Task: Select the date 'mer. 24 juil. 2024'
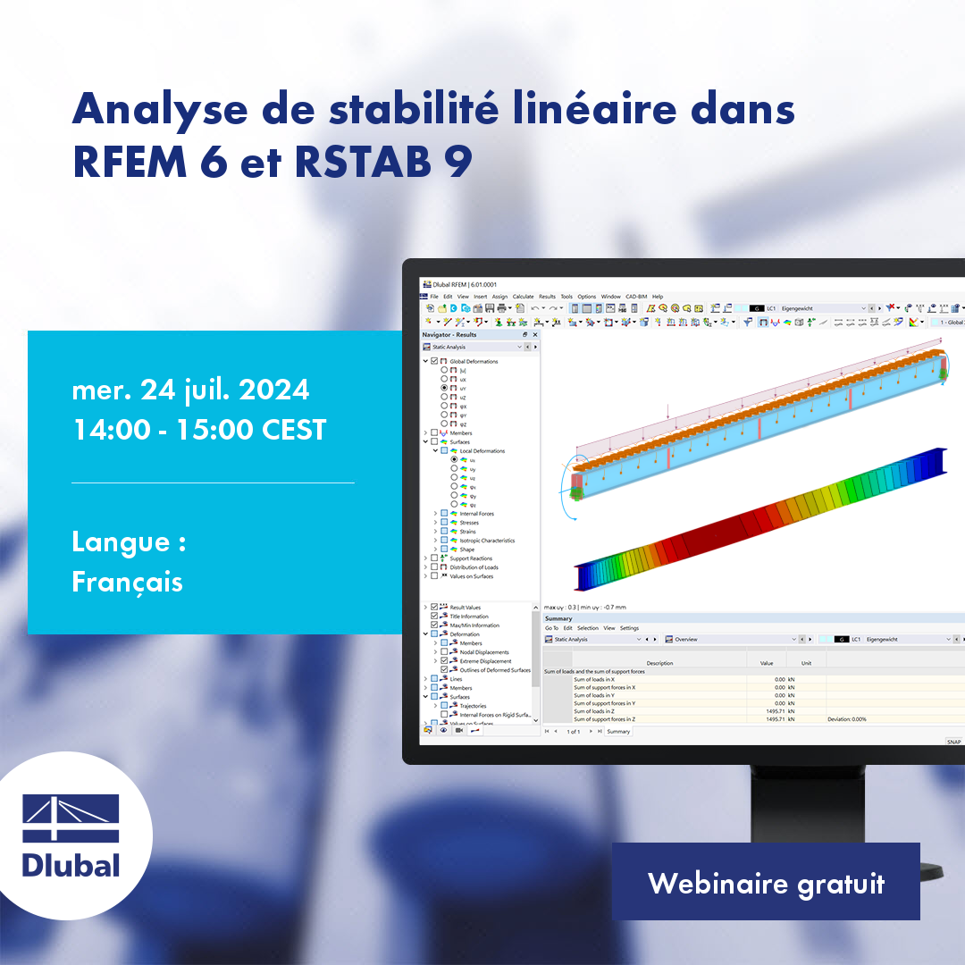pos(190,390)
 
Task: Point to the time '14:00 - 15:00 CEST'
pos(199,430)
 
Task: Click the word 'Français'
pos(127,583)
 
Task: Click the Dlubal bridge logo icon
pos(71,818)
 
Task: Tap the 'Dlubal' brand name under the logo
pos(71,864)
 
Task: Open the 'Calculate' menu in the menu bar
pos(523,297)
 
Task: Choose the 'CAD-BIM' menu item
pos(636,297)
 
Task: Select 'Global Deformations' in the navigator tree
pos(474,362)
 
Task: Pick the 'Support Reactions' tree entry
pos(471,558)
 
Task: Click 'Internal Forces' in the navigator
pos(476,514)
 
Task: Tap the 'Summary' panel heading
pos(558,618)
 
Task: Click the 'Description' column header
pos(659,663)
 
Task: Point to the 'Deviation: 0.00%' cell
pos(846,719)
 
